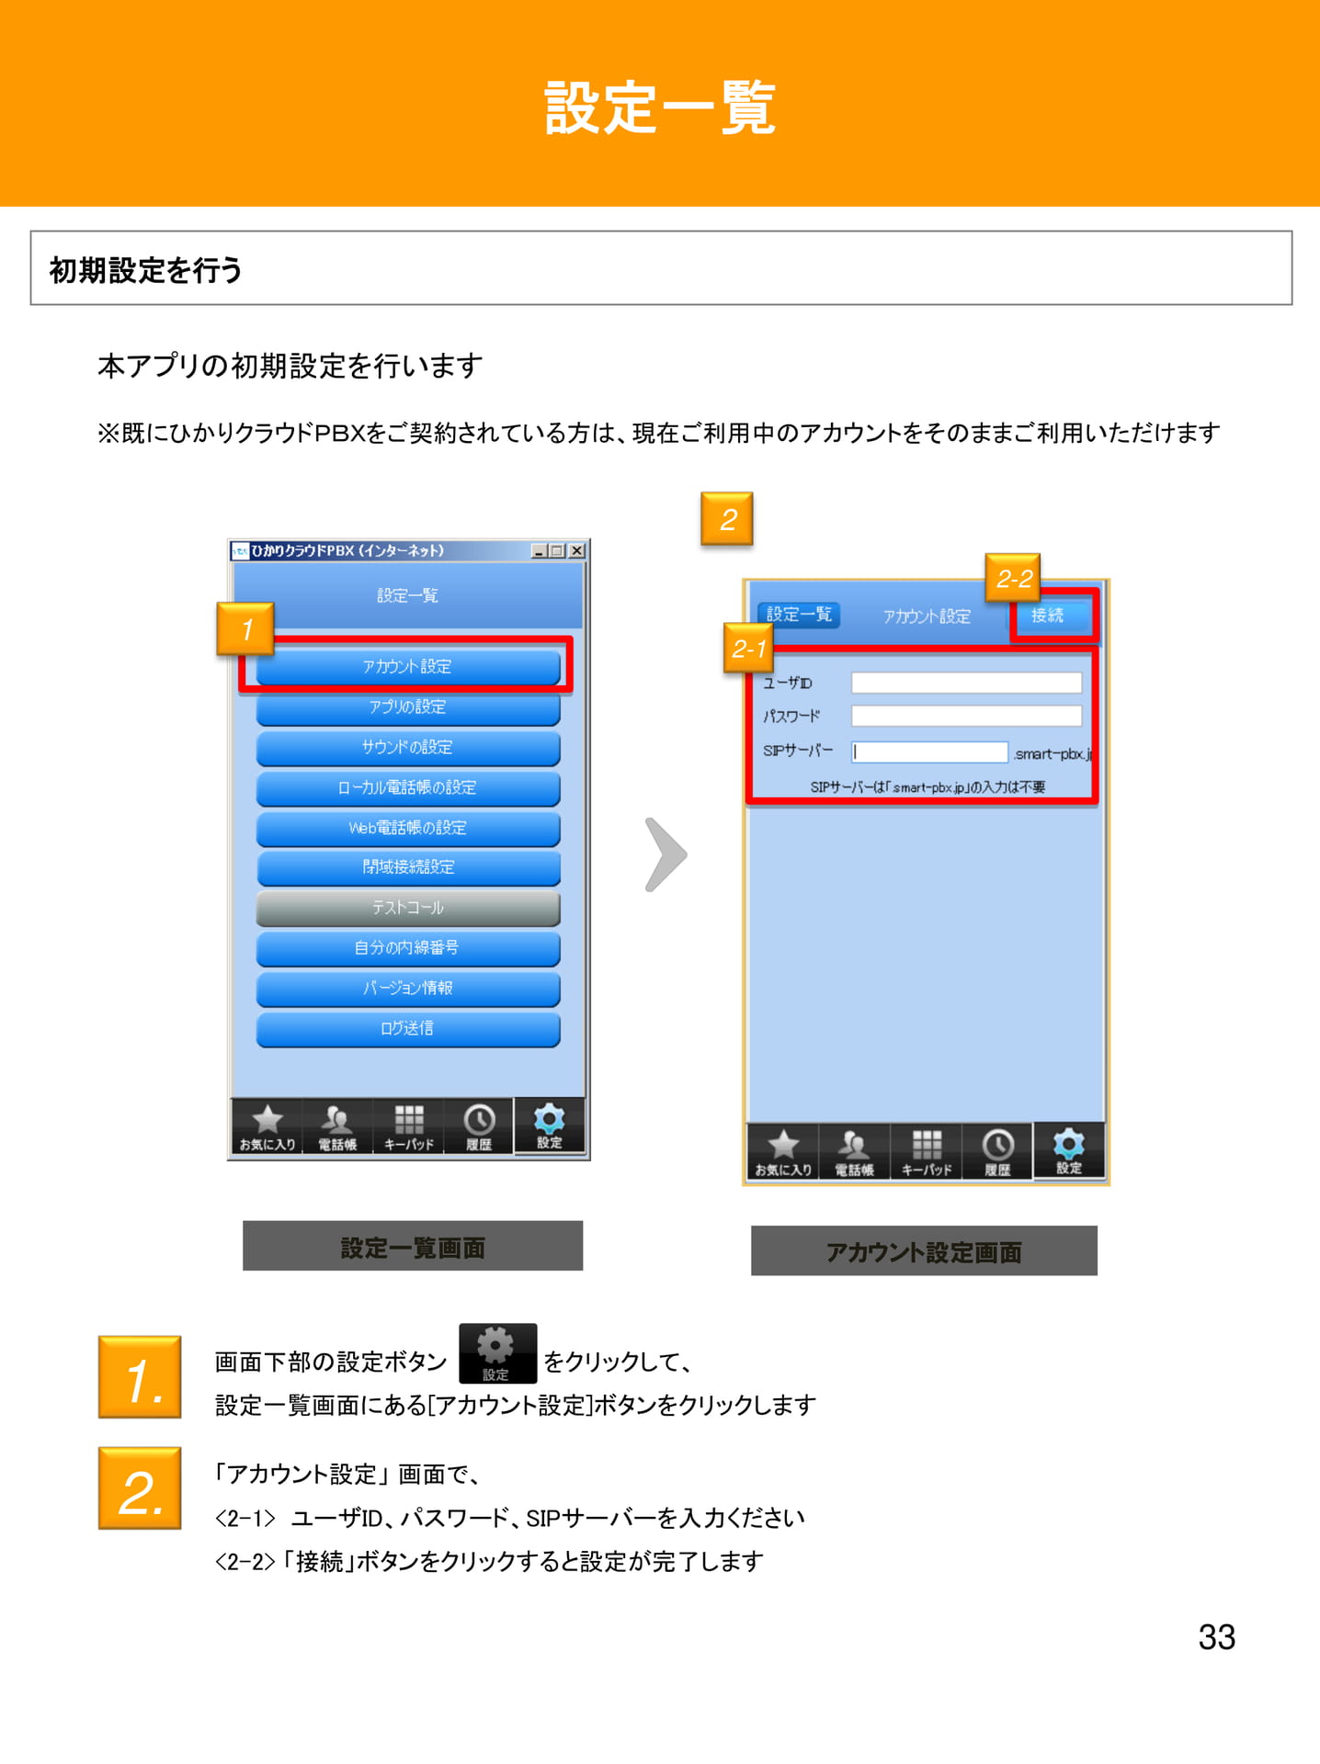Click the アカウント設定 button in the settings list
pos(408,666)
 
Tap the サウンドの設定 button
pos(408,747)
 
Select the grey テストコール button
pos(408,908)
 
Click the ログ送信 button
pos(408,1028)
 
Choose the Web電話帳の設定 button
pos(408,827)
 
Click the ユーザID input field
pos(966,683)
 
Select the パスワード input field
pos(966,716)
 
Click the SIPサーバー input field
pos(929,752)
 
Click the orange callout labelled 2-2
pos(1013,578)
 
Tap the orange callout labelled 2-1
pos(748,649)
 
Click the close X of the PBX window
pos(576,550)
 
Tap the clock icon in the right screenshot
pos(998,1145)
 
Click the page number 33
pos(1217,1636)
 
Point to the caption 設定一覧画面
pos(413,1247)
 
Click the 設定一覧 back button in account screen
pos(799,614)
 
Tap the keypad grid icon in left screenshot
pos(409,1119)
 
